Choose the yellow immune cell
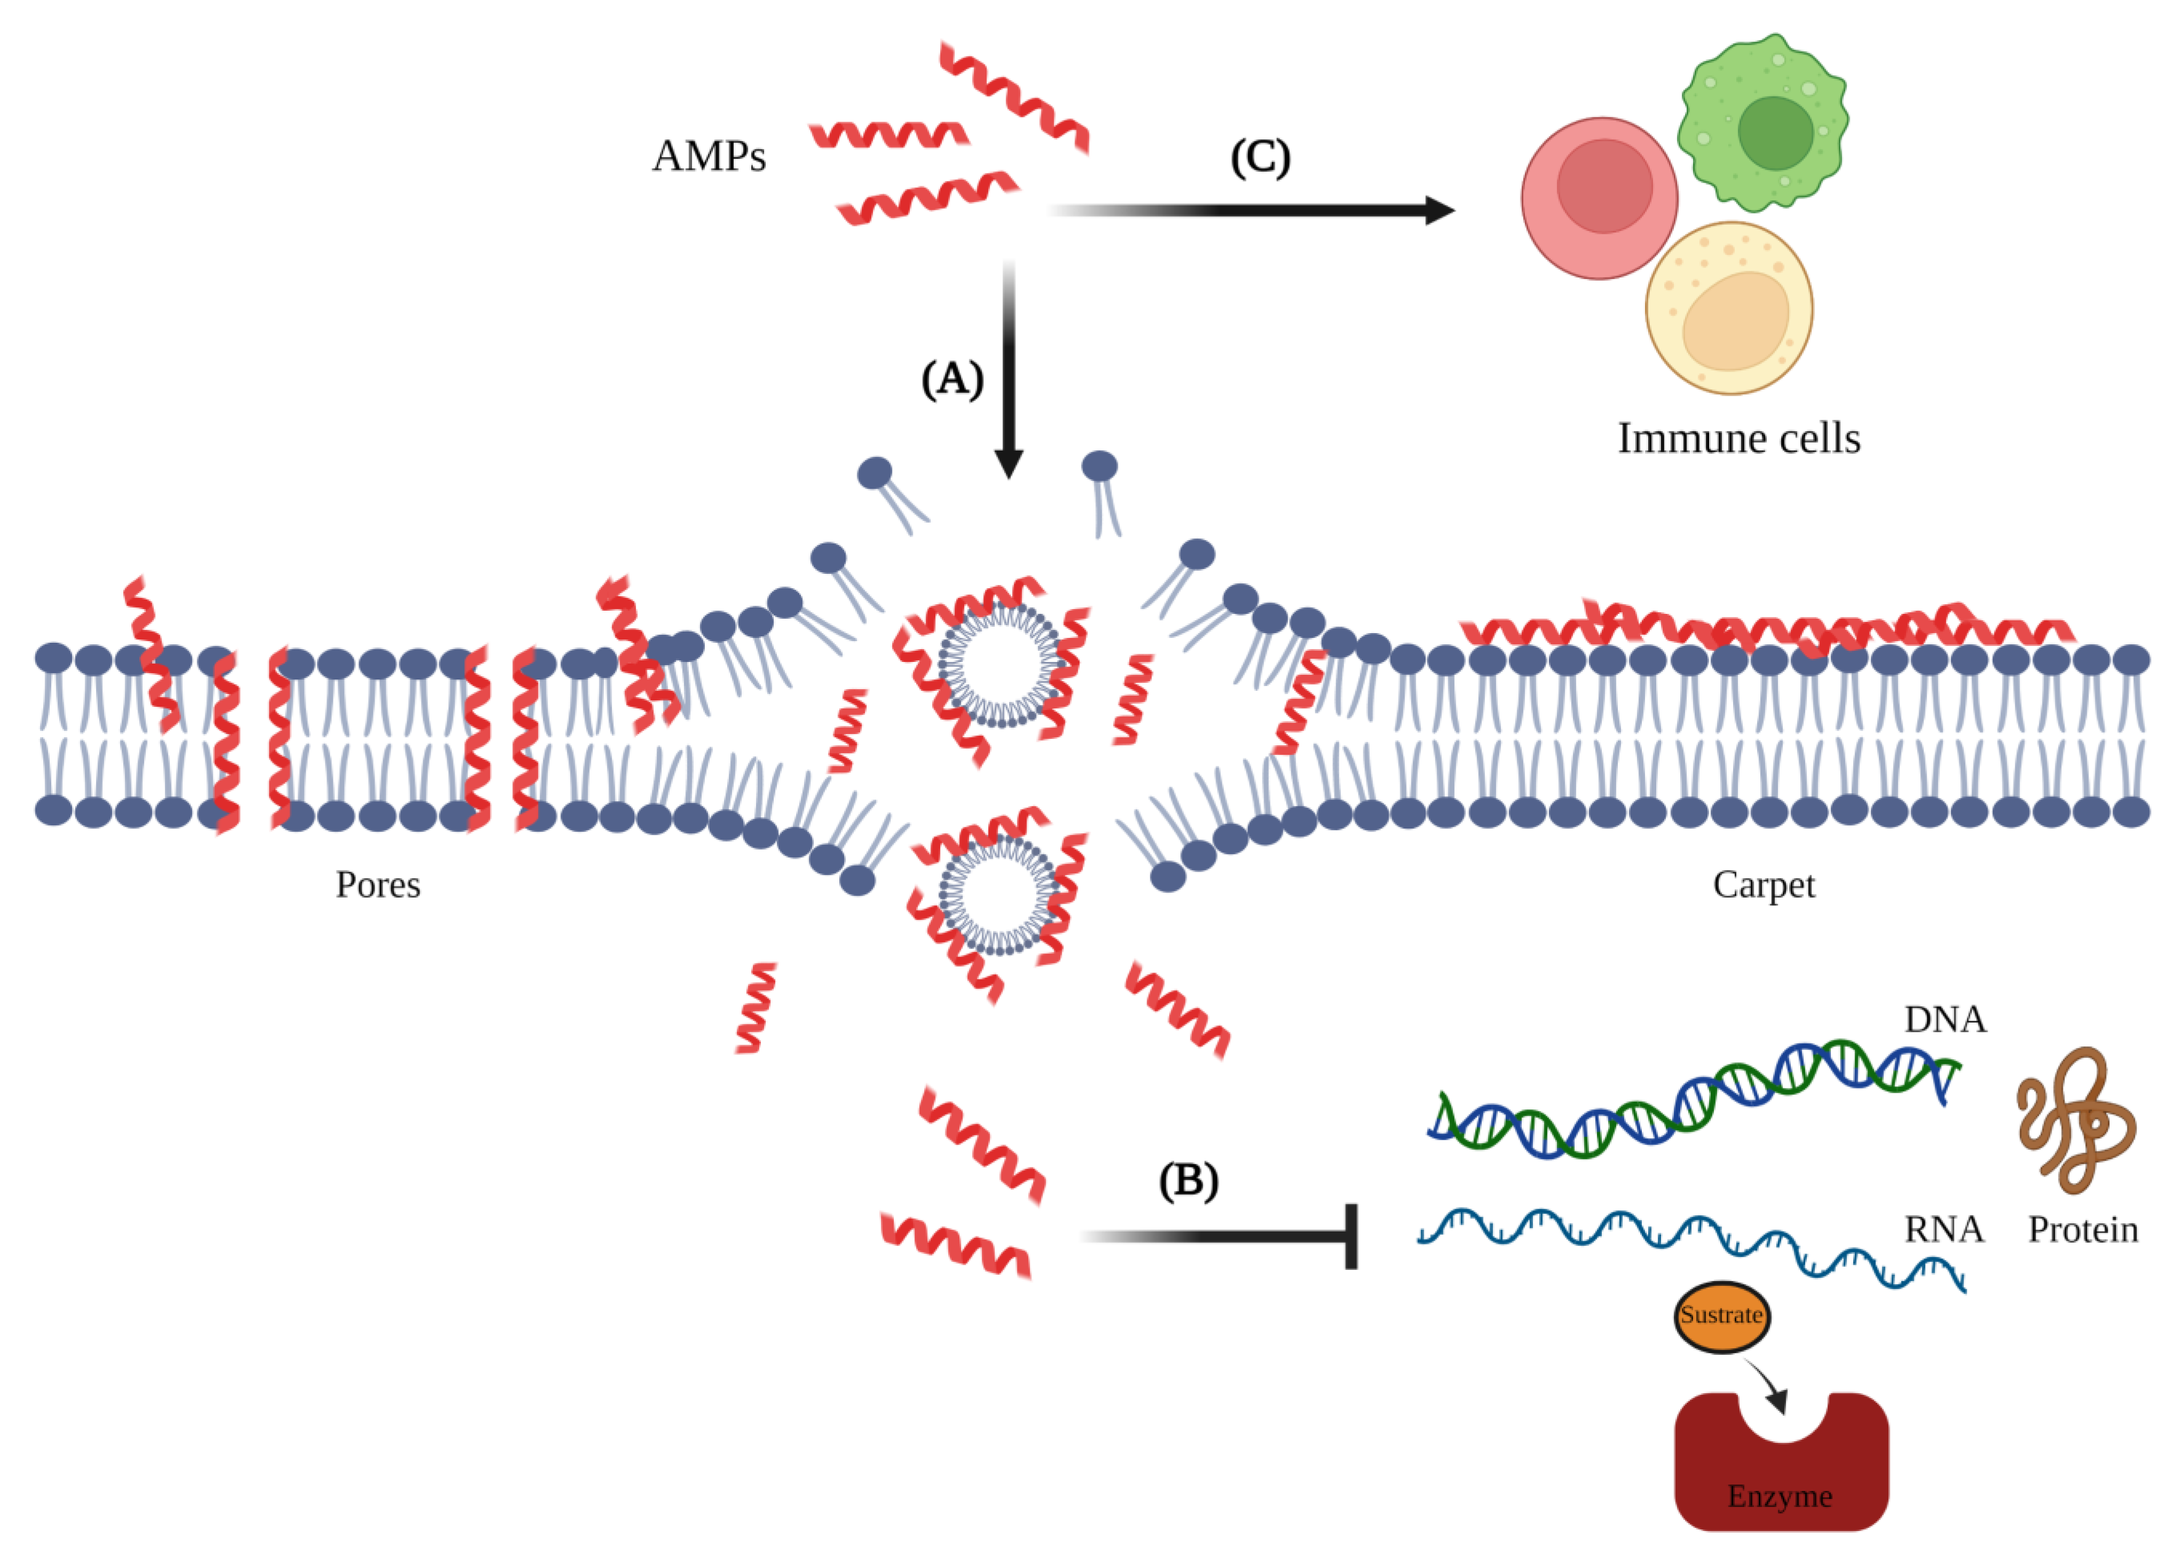[x=1729, y=309]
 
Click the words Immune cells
[x=1738, y=439]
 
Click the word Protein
[x=2082, y=1230]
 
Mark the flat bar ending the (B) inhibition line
[x=1350, y=1237]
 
